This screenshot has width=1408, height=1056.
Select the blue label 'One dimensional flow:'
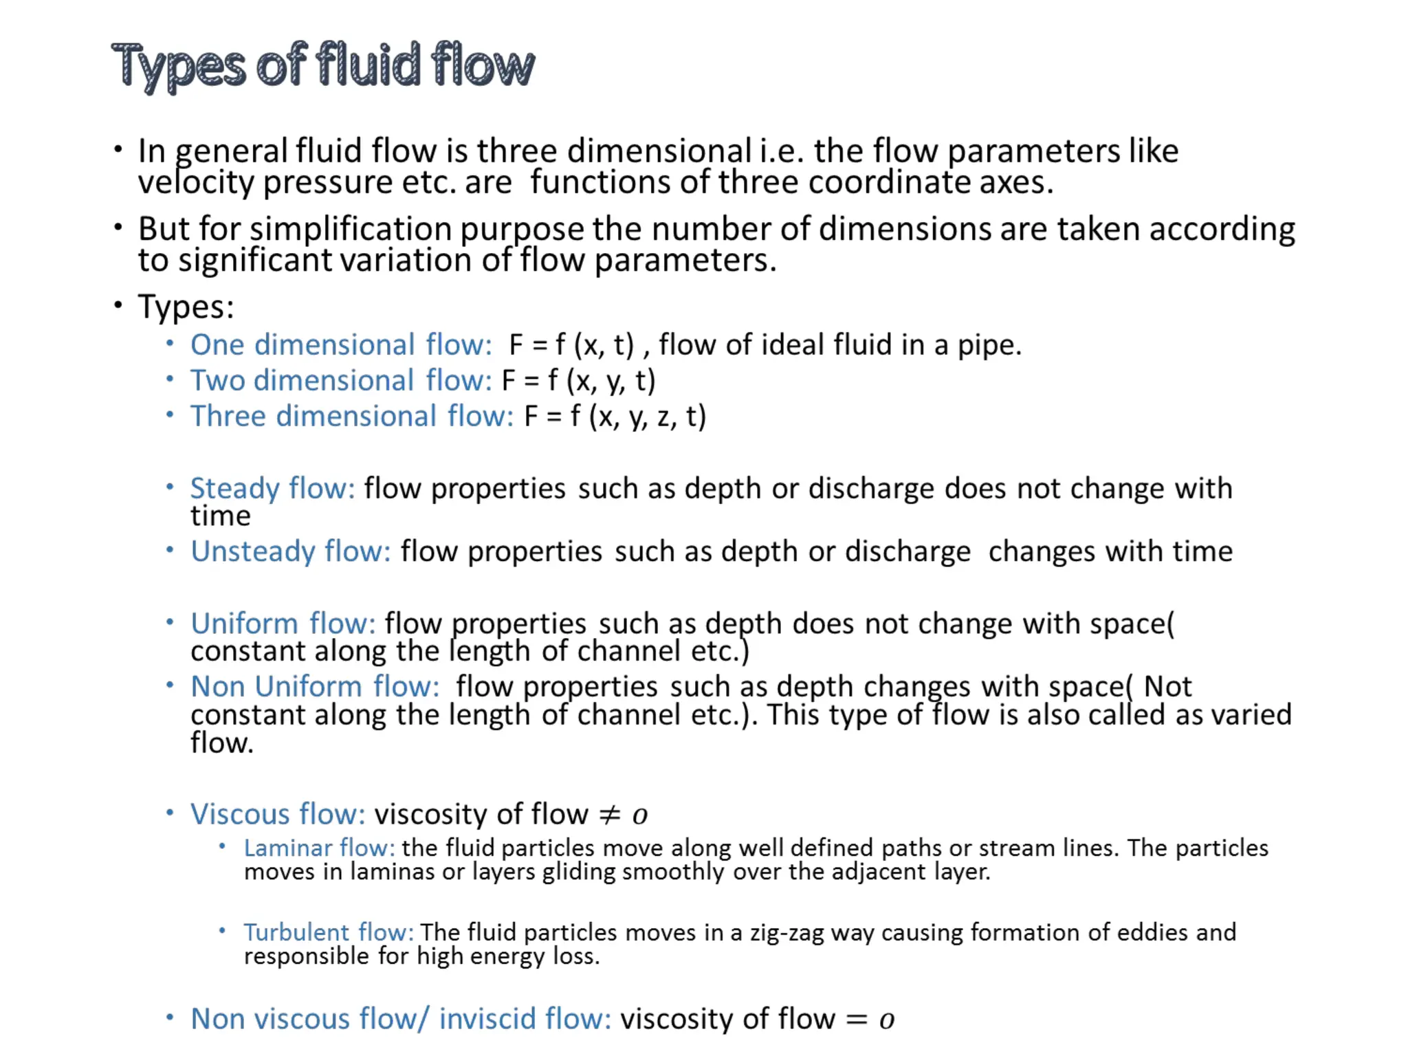point(341,345)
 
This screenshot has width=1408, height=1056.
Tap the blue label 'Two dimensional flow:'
point(341,381)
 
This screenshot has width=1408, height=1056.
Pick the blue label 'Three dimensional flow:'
point(351,417)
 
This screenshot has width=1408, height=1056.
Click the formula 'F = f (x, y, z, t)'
point(615,417)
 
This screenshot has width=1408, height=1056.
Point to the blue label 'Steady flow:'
point(272,489)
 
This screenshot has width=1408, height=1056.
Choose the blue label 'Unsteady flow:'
point(290,551)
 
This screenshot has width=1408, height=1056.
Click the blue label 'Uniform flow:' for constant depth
point(283,624)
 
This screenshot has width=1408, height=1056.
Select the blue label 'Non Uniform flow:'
point(315,687)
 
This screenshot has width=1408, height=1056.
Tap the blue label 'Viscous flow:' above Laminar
point(278,814)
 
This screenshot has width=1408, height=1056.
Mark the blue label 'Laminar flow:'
point(319,848)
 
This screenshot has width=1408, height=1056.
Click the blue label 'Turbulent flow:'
point(329,933)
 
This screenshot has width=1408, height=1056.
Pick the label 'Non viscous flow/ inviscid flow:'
point(401,1019)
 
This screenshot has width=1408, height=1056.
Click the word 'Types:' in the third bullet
point(186,307)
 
